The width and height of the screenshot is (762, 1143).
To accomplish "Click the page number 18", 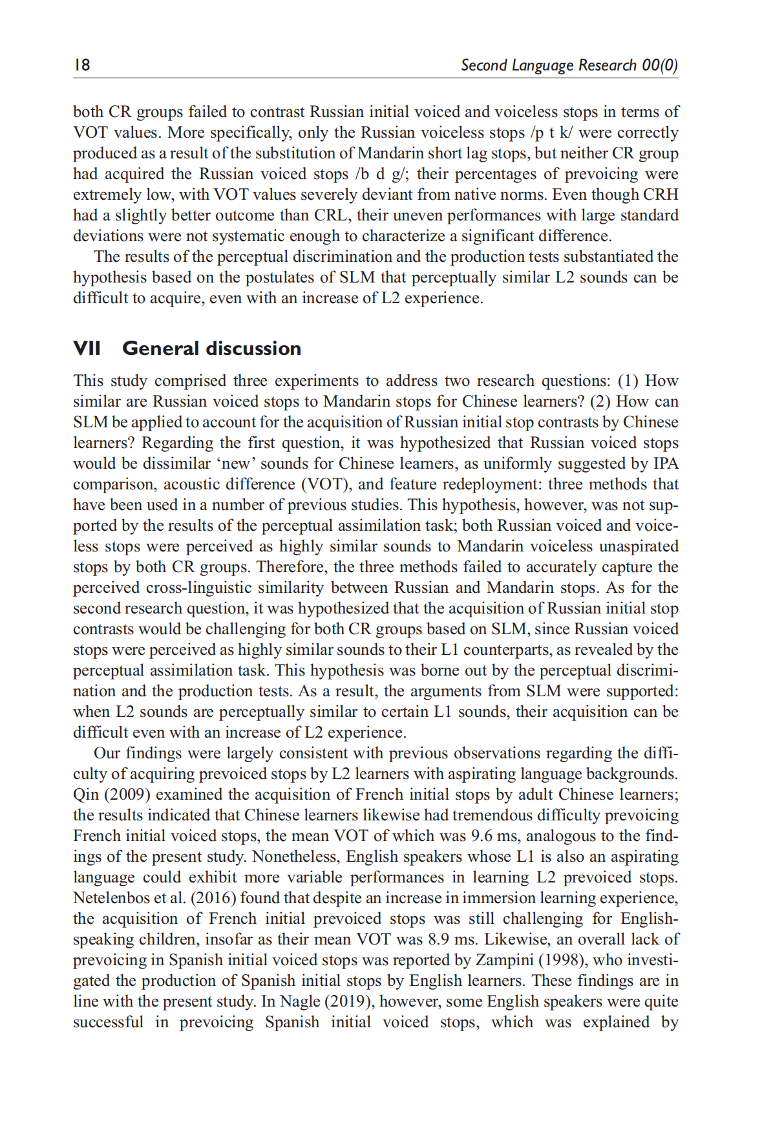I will tap(82, 65).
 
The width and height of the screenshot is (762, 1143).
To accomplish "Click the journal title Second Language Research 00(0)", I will tap(569, 65).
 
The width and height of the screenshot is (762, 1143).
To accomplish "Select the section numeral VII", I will tap(87, 348).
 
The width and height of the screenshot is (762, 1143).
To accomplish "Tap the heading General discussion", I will tap(211, 348).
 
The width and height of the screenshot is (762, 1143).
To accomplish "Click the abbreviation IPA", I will tap(665, 464).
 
